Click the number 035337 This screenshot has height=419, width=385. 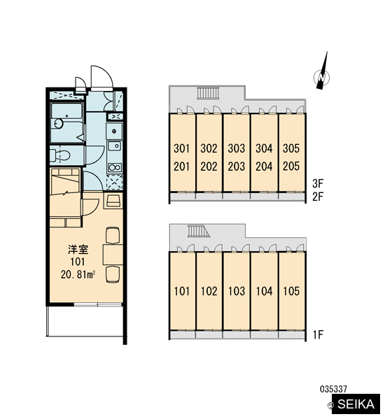[333, 389]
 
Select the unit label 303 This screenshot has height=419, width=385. [237, 148]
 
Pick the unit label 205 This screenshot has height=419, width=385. [291, 166]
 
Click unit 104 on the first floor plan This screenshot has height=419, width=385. [264, 291]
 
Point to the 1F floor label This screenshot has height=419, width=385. [318, 334]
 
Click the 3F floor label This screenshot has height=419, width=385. [318, 183]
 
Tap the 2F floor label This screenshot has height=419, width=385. [318, 197]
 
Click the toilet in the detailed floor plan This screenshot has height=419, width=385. [60, 155]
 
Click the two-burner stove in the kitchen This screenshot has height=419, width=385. [115, 167]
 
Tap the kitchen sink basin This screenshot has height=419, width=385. [115, 146]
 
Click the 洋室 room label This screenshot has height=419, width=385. [78, 250]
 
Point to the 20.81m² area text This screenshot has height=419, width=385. [78, 275]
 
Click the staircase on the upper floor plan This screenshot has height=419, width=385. [209, 93]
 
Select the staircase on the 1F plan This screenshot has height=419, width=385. [199, 231]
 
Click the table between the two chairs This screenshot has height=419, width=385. [113, 254]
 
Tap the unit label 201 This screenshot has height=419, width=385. [182, 166]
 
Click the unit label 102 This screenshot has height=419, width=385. [209, 291]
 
